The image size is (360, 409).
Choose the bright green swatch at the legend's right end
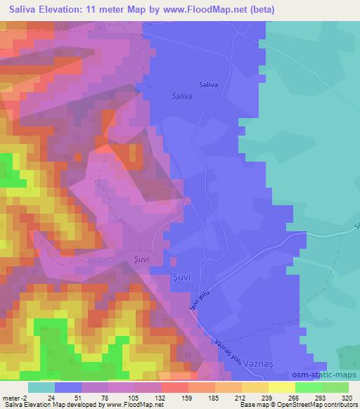335,387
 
